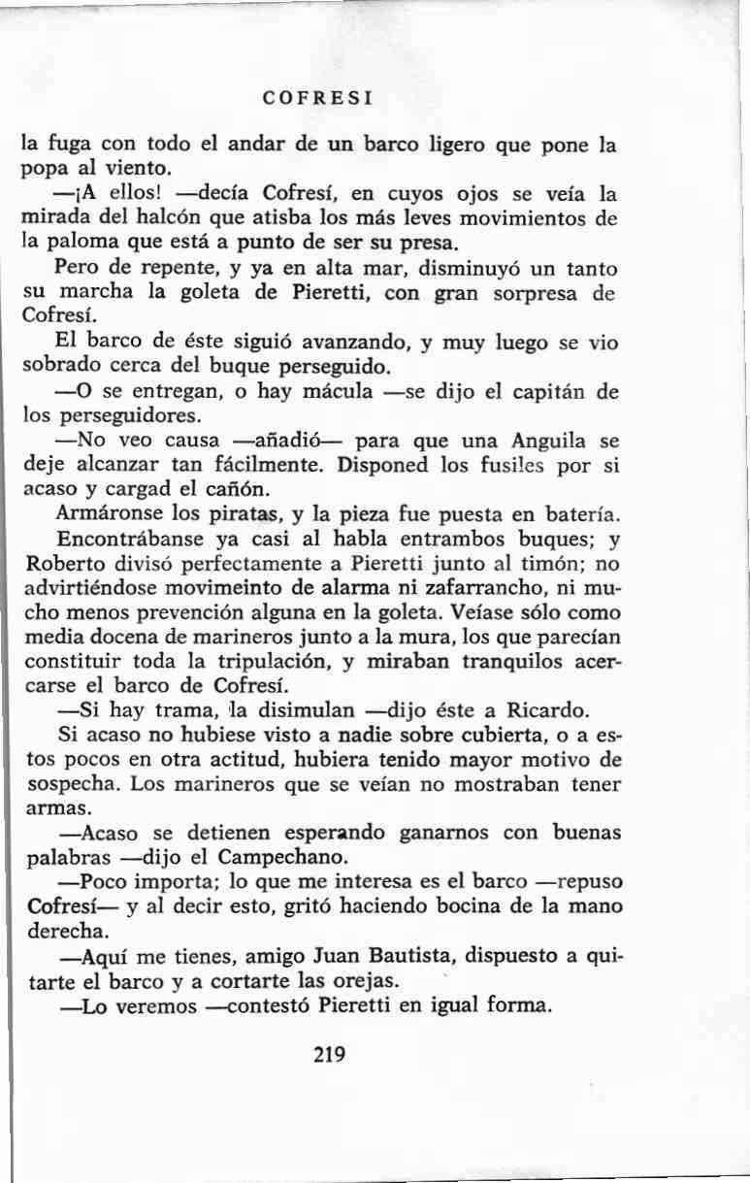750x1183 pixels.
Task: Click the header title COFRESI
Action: [319, 99]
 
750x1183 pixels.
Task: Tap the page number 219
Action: [331, 1054]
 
